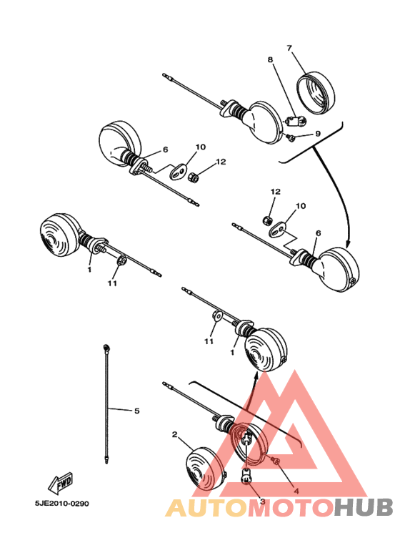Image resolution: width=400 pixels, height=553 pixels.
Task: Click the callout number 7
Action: (x=289, y=48)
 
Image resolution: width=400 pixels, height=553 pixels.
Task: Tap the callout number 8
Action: (x=270, y=61)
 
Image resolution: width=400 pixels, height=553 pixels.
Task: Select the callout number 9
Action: (x=318, y=134)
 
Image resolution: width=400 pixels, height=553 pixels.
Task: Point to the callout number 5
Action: (x=136, y=410)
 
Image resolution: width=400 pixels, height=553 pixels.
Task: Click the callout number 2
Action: (x=174, y=434)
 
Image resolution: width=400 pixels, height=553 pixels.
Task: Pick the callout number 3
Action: (x=262, y=501)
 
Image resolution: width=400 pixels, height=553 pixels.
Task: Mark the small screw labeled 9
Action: (x=294, y=135)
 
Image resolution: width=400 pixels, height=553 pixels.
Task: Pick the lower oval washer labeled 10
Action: (x=280, y=228)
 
